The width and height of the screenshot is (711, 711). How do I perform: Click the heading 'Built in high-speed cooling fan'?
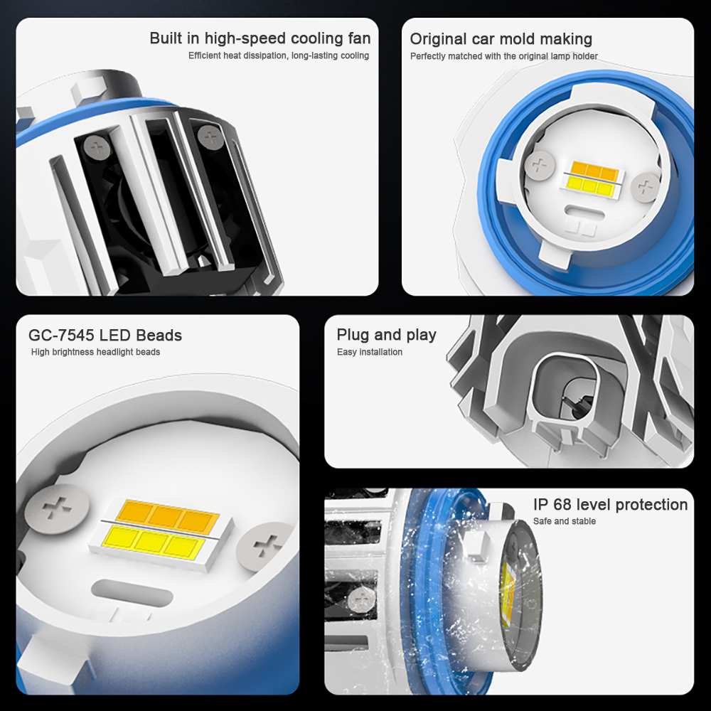point(260,38)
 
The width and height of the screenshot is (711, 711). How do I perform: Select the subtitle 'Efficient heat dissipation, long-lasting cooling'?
point(279,55)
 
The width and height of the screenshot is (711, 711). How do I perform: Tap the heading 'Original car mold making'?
point(501,39)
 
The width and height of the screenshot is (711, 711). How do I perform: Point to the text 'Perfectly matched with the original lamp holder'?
point(504,56)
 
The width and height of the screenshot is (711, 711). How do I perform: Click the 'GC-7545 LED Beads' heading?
point(105,335)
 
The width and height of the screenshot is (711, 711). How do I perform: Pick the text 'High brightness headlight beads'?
point(96,352)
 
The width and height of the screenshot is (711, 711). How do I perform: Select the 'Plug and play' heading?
point(386,335)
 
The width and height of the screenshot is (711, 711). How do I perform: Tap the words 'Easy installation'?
point(370,352)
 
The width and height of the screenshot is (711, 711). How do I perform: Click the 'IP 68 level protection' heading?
point(610,504)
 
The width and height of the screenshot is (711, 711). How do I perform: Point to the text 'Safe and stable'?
point(565,521)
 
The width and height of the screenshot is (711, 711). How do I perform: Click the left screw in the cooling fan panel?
point(96,147)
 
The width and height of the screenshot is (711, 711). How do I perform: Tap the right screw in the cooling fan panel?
point(210,136)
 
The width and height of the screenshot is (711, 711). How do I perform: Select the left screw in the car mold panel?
point(540,166)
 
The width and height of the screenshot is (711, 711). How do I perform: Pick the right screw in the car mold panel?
point(645,187)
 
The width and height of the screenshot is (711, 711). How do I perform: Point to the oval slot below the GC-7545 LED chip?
point(132,593)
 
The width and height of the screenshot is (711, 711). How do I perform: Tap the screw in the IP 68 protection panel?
point(361,599)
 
